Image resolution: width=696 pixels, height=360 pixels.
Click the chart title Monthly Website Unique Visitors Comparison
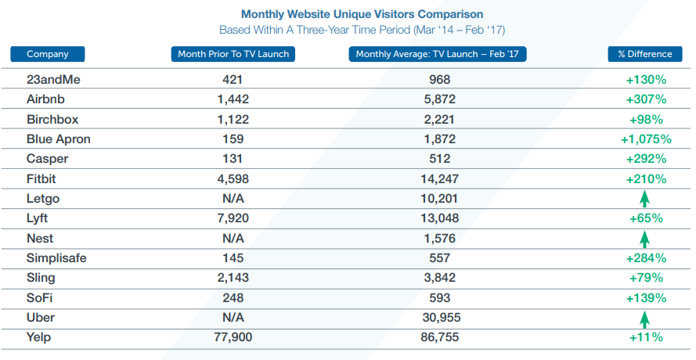click(362, 14)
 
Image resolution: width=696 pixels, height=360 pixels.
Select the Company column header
click(48, 54)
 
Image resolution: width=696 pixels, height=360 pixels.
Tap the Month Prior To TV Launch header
click(233, 54)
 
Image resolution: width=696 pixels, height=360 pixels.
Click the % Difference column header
click(645, 54)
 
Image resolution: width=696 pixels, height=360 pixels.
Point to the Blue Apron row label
click(59, 139)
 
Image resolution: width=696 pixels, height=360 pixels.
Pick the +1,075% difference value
click(645, 139)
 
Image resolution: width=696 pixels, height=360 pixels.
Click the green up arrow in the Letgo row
click(645, 200)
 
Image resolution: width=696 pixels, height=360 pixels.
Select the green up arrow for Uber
click(645, 319)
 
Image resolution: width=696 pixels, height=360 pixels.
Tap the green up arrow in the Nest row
click(645, 239)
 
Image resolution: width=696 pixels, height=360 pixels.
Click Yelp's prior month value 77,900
click(233, 337)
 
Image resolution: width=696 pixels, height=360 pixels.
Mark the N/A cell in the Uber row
click(233, 318)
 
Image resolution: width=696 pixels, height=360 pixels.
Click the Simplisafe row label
click(57, 258)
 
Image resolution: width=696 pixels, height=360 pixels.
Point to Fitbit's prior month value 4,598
click(233, 179)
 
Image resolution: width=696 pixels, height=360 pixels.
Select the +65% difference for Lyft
click(645, 218)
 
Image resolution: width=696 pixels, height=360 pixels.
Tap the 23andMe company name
click(52, 80)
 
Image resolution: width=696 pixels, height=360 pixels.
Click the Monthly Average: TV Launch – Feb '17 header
click(438, 54)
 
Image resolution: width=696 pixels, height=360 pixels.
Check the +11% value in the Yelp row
click(645, 337)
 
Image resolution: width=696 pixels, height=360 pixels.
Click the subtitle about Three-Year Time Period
click(362, 30)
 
